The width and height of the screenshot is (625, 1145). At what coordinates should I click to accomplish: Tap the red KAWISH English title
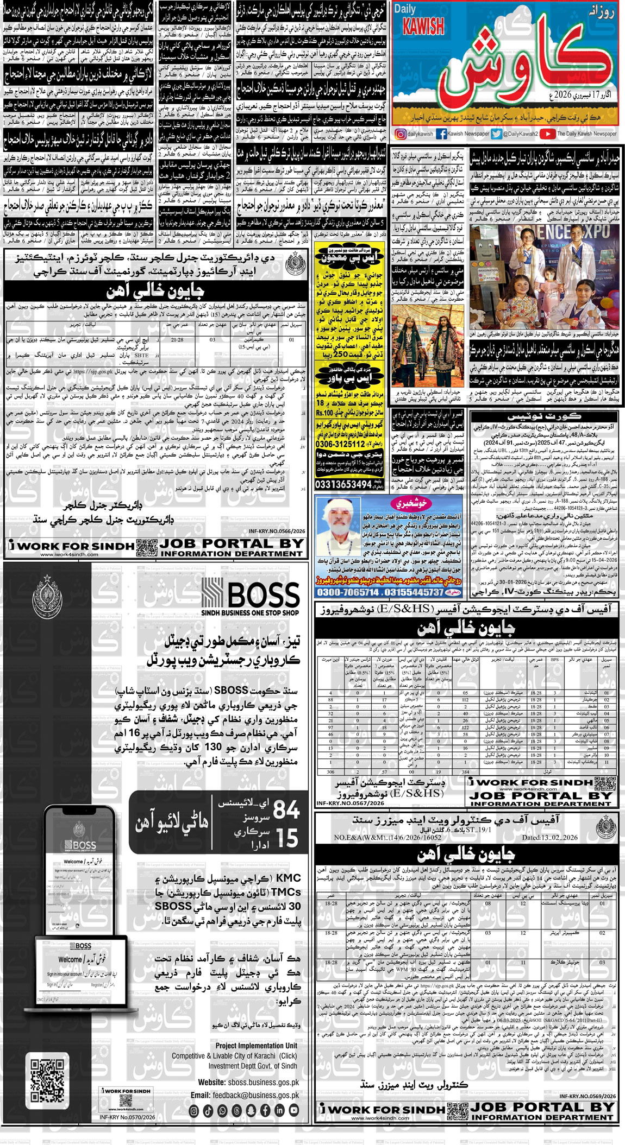[423, 27]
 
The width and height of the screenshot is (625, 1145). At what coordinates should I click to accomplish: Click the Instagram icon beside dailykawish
[401, 134]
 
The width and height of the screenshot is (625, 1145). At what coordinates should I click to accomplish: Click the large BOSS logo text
[264, 594]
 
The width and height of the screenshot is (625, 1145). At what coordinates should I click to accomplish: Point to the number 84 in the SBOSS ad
[286, 811]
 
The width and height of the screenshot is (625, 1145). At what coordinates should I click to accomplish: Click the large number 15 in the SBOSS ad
[286, 838]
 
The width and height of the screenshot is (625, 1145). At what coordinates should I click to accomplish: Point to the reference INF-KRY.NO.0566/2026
[277, 532]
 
